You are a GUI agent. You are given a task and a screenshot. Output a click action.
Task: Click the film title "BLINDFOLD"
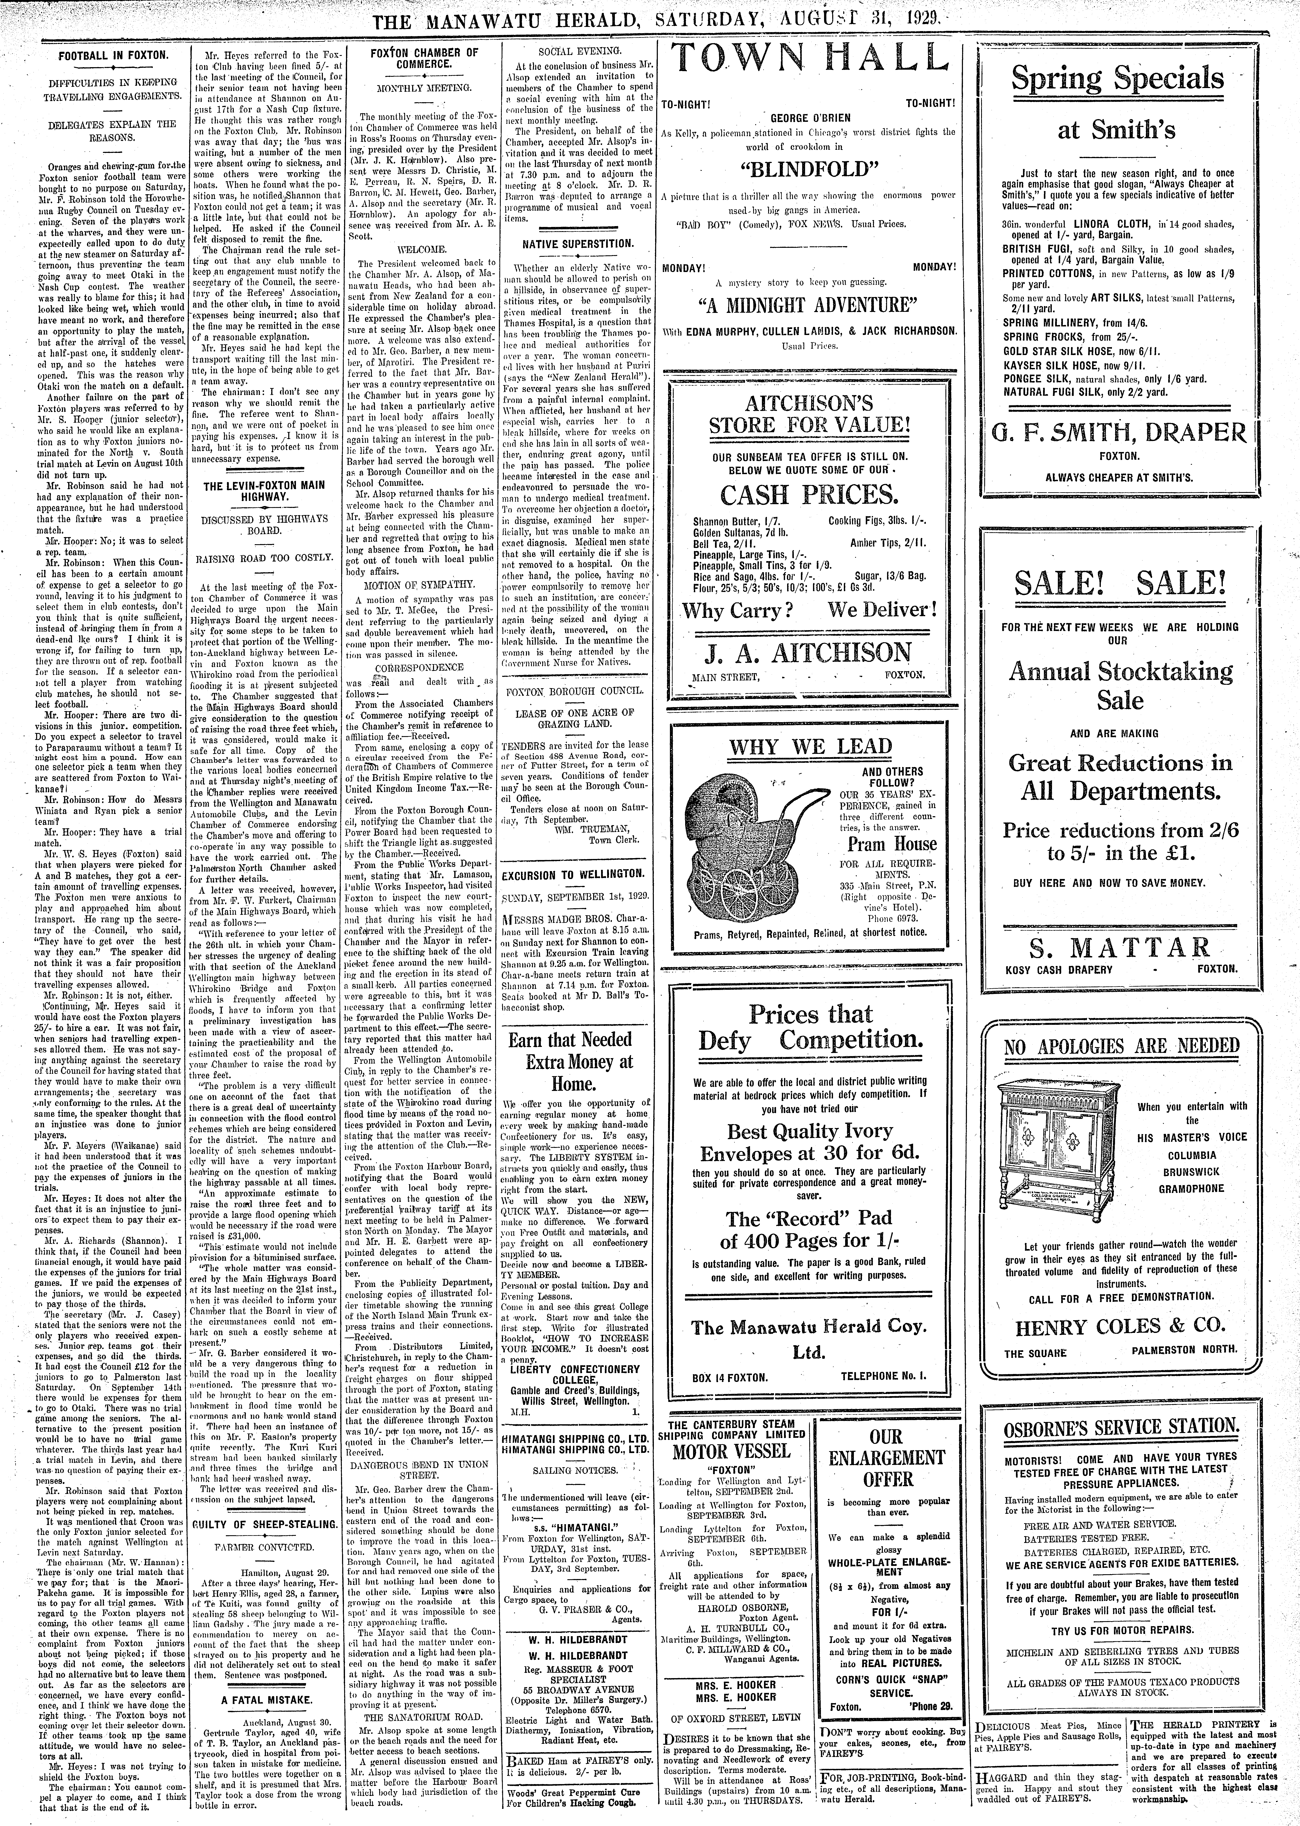(808, 169)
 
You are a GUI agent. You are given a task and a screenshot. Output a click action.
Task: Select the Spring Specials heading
(1118, 79)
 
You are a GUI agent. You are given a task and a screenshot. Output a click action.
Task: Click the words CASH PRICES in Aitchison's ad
(808, 496)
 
